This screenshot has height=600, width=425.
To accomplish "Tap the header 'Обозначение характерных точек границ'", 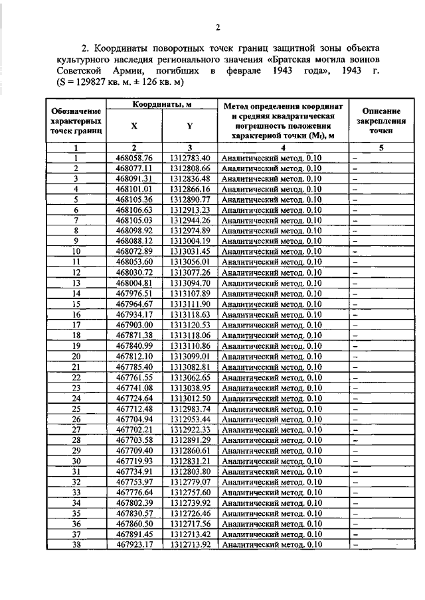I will tap(76, 122).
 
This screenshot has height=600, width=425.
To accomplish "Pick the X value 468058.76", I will tap(135, 158).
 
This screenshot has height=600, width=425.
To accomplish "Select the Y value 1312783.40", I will tap(189, 158).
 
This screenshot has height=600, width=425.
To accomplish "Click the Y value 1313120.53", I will tap(189, 326).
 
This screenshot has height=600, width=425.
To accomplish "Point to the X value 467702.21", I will tap(135, 430).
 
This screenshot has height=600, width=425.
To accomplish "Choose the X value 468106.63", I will tap(135, 210).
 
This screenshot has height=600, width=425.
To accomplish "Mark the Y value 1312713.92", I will tap(189, 544).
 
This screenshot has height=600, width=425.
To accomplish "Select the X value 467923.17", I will tap(135, 544).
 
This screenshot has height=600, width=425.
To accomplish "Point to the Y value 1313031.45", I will tap(189, 252).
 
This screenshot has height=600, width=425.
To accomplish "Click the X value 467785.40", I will tap(135, 367).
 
